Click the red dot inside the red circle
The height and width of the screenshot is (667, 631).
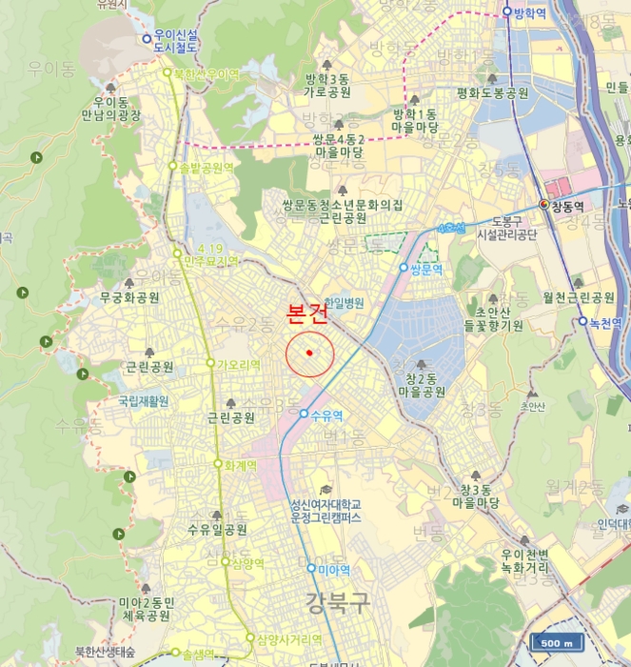(309, 354)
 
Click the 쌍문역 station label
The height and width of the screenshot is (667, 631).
(427, 269)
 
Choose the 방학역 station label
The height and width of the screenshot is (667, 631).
(532, 12)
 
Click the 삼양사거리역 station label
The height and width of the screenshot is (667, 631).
(289, 638)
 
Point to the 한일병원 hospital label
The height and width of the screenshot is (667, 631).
(345, 302)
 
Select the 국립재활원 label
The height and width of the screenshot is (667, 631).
(144, 401)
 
